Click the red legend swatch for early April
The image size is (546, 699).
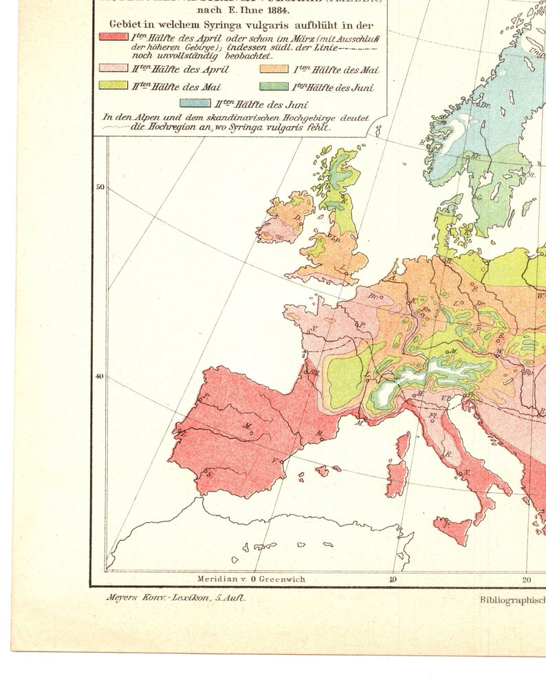click(x=113, y=37)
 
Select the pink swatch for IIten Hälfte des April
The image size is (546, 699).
click(x=113, y=67)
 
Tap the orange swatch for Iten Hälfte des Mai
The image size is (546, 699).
click(x=273, y=68)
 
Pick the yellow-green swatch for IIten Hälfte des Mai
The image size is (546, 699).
click(x=113, y=85)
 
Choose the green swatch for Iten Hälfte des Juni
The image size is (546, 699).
click(x=273, y=85)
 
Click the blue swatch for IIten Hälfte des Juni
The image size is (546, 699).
click(x=195, y=103)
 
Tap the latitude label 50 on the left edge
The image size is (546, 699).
click(x=100, y=187)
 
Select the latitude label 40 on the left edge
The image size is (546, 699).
click(x=100, y=376)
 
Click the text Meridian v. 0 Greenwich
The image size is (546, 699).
click(x=251, y=579)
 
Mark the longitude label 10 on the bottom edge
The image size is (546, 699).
click(x=393, y=579)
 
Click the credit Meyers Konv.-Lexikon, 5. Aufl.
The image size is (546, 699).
click(x=175, y=598)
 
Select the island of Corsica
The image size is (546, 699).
click(x=403, y=444)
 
